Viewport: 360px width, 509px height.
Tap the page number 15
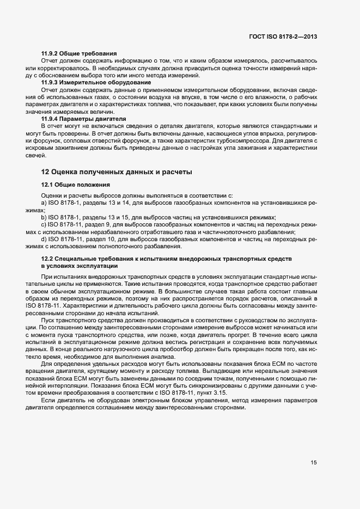click(314, 463)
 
